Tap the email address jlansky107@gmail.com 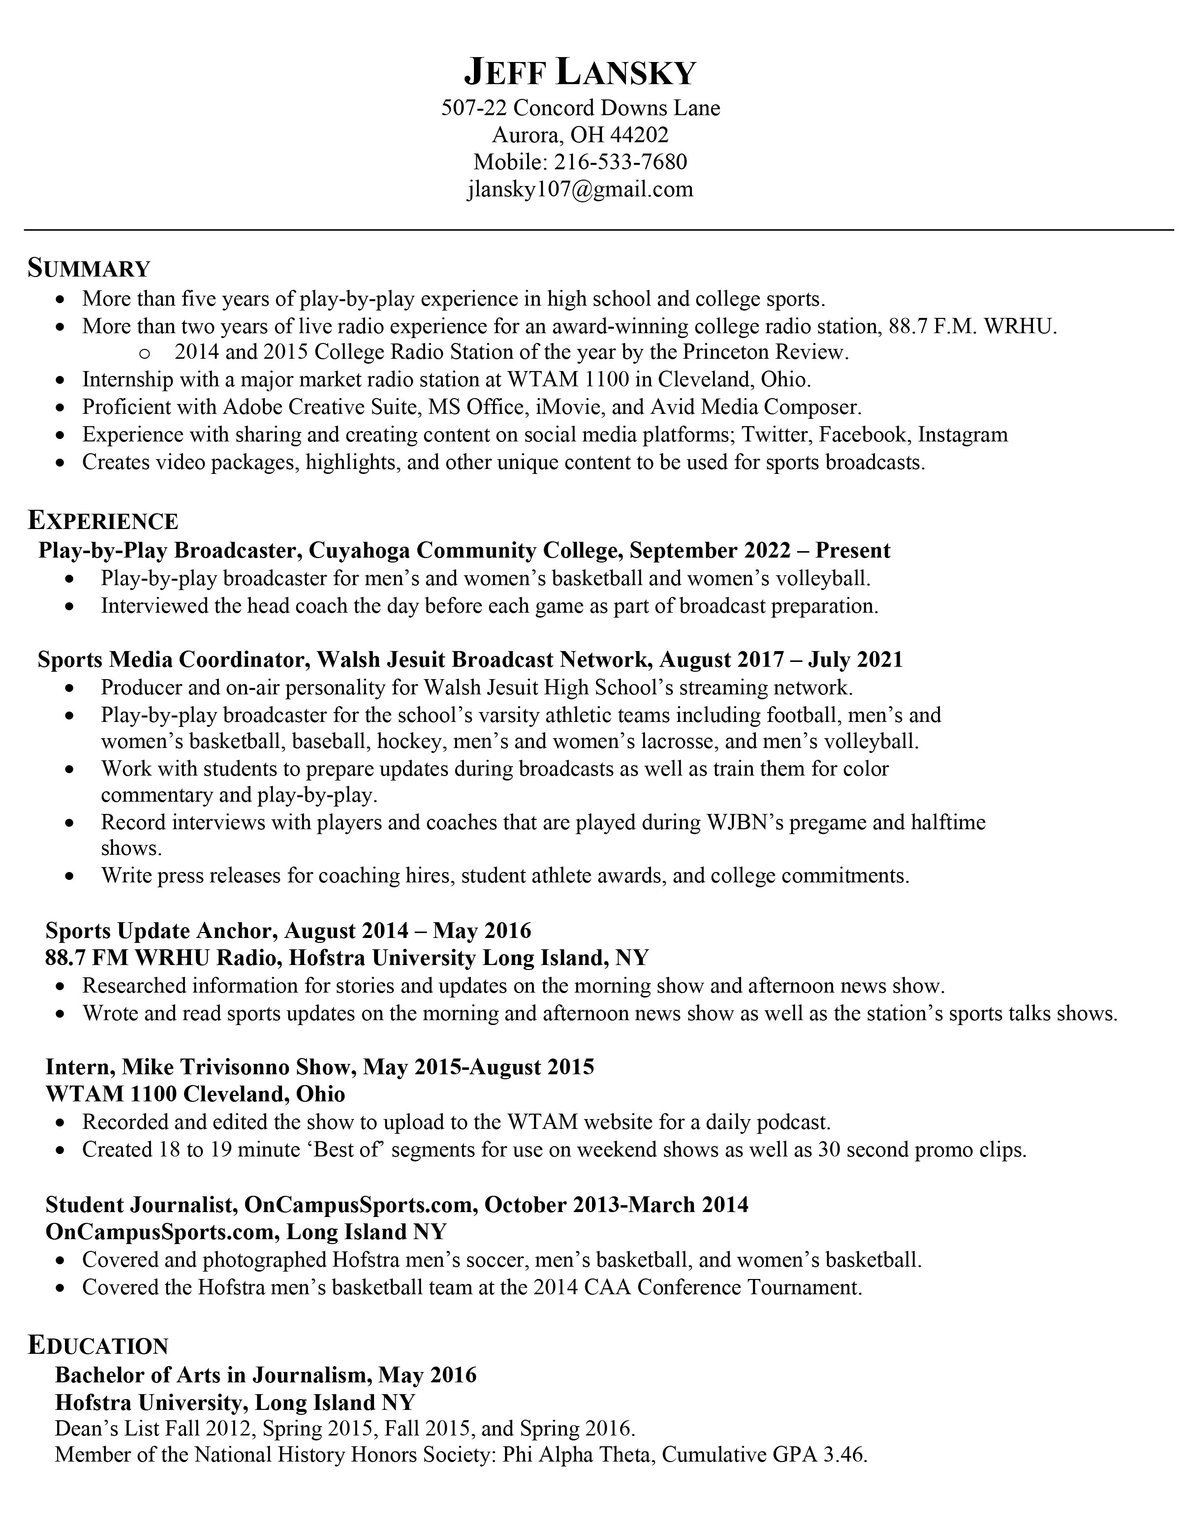[581, 189]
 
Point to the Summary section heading [89, 268]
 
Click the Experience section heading [103, 521]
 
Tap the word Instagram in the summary [963, 435]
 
